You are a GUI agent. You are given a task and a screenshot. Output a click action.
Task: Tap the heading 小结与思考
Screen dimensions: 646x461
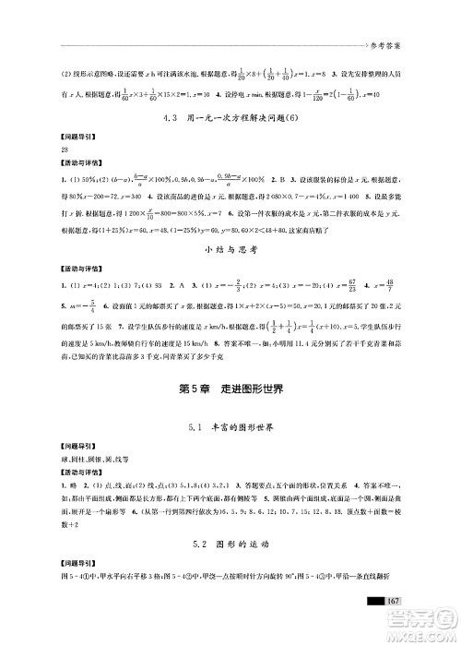pyautogui.click(x=230, y=247)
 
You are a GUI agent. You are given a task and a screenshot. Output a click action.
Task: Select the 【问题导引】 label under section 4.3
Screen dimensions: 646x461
pyautogui.click(x=47, y=137)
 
